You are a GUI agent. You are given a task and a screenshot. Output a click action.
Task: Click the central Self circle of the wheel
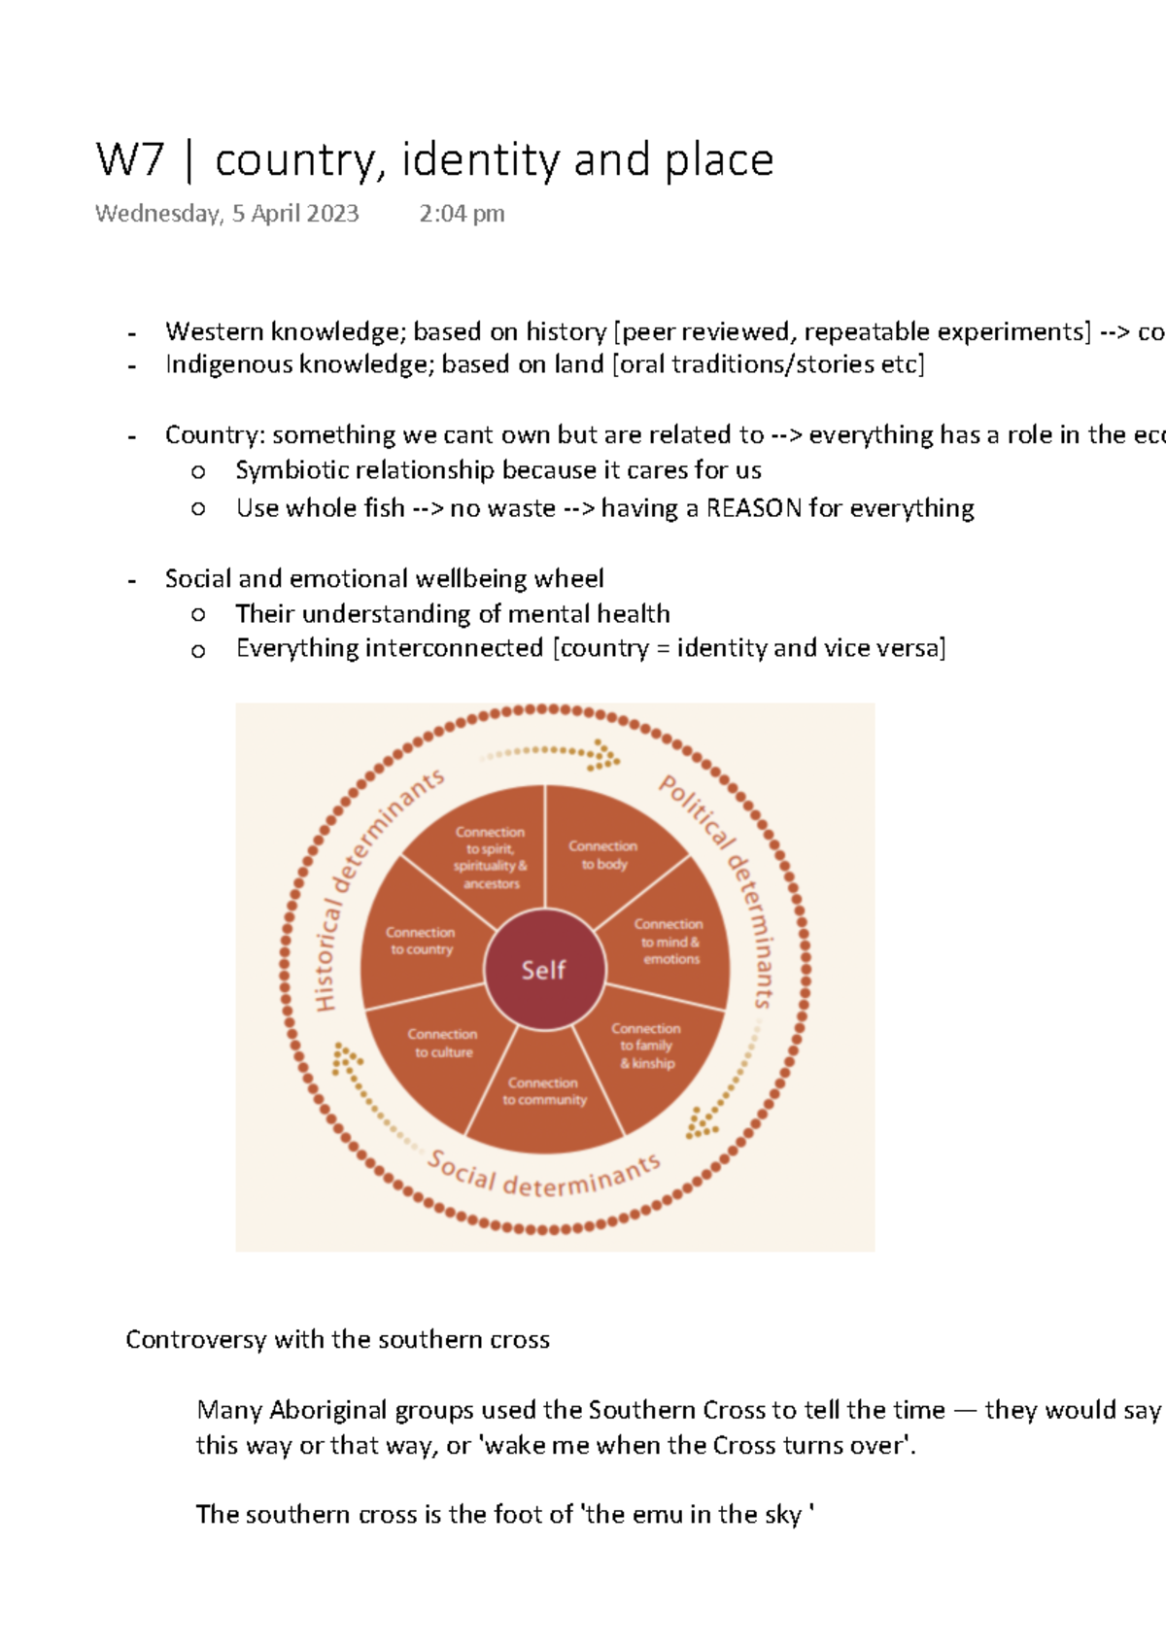coord(544,970)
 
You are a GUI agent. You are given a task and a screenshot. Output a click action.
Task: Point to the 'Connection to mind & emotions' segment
coord(669,941)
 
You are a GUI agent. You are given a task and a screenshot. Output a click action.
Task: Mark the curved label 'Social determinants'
coord(544,1178)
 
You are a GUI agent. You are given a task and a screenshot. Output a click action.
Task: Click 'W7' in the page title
coord(130,160)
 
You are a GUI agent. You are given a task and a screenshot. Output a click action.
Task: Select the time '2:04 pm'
coord(462,214)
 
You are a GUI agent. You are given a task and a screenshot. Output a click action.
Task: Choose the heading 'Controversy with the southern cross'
coord(337,1340)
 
